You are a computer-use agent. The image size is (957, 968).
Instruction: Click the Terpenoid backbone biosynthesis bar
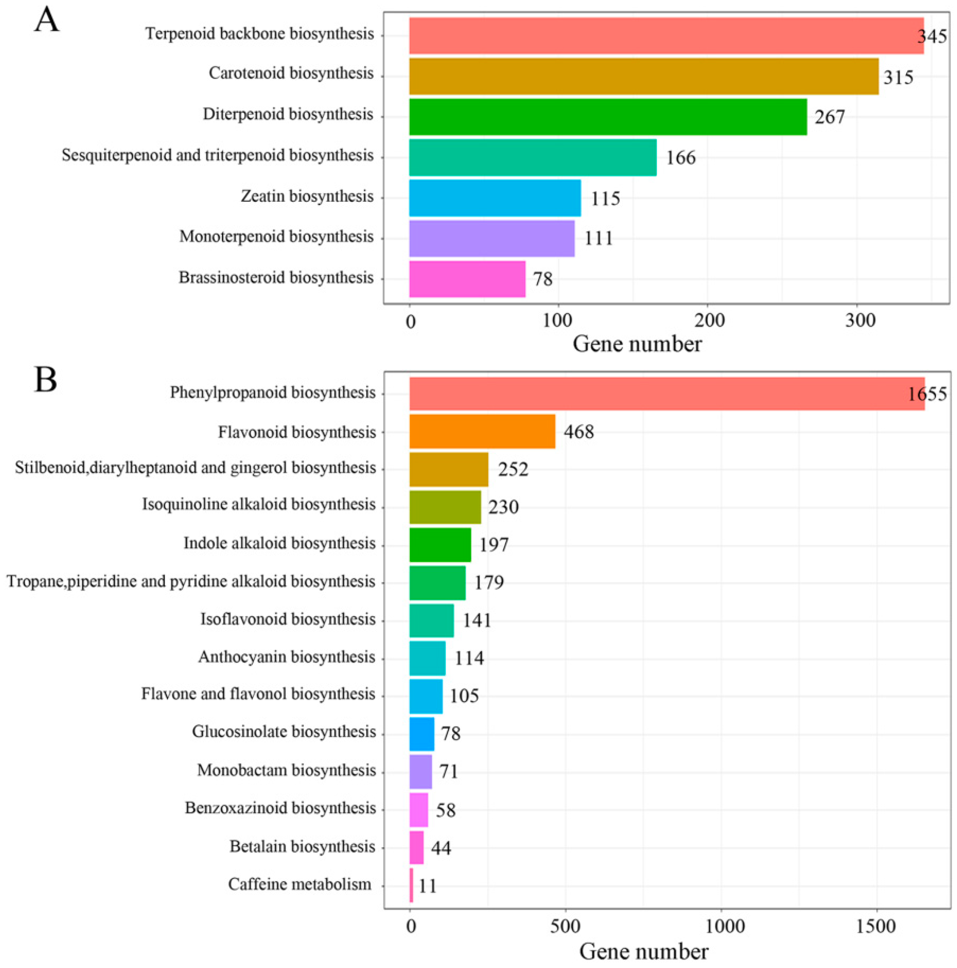click(x=666, y=36)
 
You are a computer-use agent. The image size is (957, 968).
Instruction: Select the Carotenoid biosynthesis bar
click(x=643, y=76)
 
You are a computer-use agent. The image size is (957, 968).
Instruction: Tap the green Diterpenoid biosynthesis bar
click(x=607, y=117)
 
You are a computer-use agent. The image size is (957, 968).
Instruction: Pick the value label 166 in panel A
click(x=680, y=158)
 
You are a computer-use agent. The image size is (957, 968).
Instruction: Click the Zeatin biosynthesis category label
click(x=307, y=196)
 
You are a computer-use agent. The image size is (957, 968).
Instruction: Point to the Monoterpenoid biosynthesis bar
click(x=491, y=238)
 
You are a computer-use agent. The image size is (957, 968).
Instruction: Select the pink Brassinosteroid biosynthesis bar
click(x=467, y=279)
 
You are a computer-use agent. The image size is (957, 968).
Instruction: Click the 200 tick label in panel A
click(x=709, y=321)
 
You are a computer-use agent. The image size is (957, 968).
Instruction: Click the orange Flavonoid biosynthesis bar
click(x=482, y=432)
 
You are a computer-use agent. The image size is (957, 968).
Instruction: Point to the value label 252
click(x=513, y=470)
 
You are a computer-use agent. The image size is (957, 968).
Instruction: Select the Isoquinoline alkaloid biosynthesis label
click(x=259, y=505)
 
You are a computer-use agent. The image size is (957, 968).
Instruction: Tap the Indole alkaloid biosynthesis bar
click(x=440, y=545)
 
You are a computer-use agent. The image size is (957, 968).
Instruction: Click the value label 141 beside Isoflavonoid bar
click(x=476, y=620)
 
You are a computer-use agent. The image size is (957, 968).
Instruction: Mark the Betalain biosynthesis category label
click(x=302, y=847)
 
